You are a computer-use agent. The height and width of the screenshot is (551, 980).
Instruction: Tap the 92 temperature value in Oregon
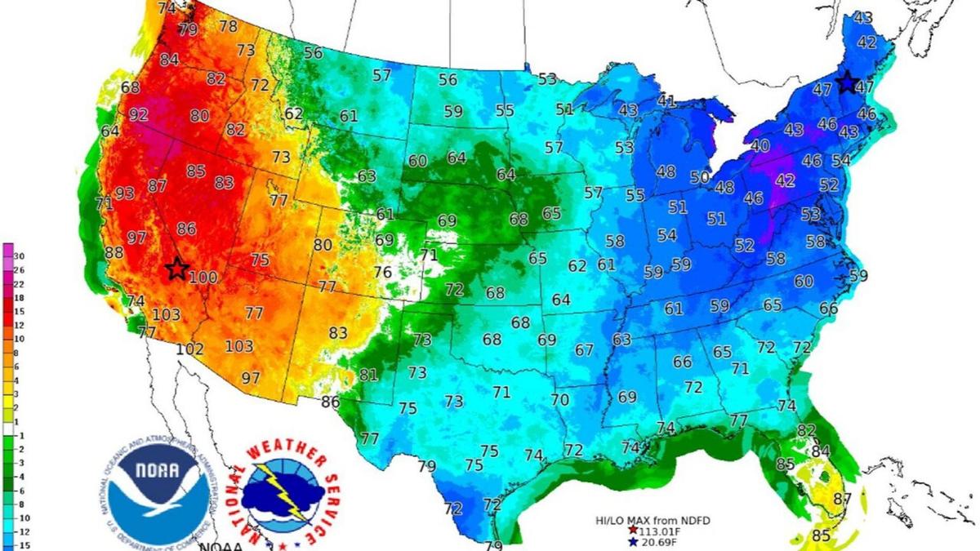point(138,115)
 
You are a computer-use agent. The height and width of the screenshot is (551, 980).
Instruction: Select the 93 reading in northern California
point(124,193)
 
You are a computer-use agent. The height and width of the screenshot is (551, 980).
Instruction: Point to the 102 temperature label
point(189,349)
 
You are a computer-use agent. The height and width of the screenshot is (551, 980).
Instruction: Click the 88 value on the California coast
point(114,253)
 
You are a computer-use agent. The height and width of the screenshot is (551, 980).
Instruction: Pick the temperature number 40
point(760,146)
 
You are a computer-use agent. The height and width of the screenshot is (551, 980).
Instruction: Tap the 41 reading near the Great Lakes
point(666,101)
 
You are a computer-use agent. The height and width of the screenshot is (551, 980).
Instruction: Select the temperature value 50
point(699,177)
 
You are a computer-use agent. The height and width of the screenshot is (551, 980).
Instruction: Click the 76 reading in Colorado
point(383,272)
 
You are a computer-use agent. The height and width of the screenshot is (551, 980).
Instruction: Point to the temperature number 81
point(368,375)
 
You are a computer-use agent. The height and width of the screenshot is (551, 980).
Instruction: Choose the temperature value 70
point(559,400)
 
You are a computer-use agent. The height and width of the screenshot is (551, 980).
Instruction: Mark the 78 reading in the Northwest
point(228,26)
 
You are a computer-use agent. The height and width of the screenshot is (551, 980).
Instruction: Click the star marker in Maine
point(846,82)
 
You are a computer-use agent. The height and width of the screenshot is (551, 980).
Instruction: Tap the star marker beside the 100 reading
point(176,269)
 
